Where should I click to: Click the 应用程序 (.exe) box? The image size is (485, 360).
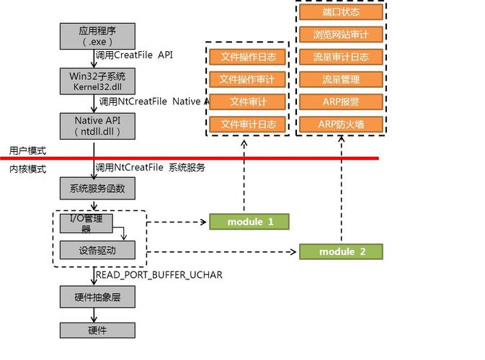[97, 35]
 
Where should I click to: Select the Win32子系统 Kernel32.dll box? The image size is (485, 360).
[97, 81]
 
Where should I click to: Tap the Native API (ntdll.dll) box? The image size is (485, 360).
[97, 125]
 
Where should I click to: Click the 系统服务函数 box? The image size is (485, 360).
[97, 189]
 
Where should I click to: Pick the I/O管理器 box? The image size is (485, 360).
[86, 223]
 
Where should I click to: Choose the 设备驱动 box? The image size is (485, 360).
[97, 251]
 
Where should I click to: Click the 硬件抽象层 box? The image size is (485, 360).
[97, 297]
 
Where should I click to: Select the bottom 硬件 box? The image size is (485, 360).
[97, 330]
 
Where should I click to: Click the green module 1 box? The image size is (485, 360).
[249, 222]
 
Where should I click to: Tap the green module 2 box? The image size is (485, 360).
[342, 251]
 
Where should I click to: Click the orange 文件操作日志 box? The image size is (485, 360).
[248, 57]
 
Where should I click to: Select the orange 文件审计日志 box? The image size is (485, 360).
[248, 125]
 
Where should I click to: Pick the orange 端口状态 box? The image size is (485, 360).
[341, 12]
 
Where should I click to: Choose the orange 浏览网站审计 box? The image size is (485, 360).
[341, 35]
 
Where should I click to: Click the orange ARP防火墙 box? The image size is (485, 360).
[341, 125]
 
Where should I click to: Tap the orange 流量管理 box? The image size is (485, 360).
[341, 79]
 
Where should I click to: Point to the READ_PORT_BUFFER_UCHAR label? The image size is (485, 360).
[159, 274]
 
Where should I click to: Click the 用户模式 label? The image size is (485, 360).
[27, 150]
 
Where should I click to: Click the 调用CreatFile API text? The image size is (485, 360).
[134, 55]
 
